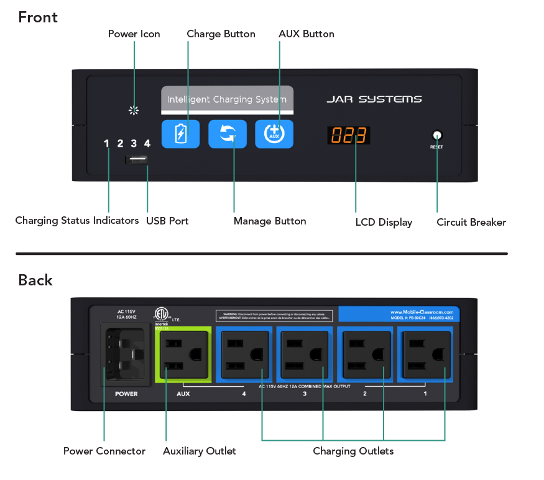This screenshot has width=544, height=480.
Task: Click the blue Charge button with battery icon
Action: tap(180, 134)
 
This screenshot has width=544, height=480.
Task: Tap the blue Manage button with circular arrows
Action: tap(227, 134)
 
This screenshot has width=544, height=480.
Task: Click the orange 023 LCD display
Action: tap(349, 136)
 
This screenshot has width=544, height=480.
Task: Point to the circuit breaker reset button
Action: tap(436, 135)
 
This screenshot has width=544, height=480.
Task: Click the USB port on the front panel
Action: tap(137, 160)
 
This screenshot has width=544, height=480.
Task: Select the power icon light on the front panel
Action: tap(133, 111)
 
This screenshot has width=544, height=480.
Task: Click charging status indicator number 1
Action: tap(106, 144)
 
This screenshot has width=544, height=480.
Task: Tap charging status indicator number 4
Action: tap(147, 144)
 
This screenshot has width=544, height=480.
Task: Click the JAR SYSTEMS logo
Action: tap(374, 99)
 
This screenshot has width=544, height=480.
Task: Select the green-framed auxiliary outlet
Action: tap(183, 354)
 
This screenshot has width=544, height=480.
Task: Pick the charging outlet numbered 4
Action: tap(244, 354)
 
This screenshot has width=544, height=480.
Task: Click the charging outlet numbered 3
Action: tap(305, 354)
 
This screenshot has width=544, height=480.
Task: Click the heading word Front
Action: tap(38, 17)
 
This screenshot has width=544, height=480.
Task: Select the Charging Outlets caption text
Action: tap(353, 451)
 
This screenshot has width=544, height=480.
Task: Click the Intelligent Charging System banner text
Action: tap(227, 99)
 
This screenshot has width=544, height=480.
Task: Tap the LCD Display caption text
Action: tap(384, 223)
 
